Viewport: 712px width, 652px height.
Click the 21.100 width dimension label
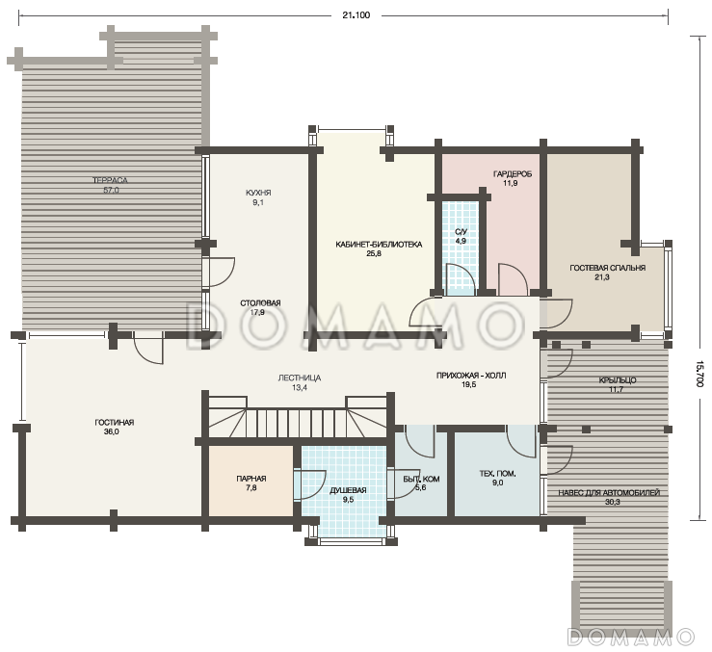pos(356,15)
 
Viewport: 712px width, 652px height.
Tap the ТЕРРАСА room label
pos(111,180)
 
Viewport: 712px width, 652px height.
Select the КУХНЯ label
pos(258,193)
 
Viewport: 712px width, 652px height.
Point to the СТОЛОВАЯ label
pos(260,302)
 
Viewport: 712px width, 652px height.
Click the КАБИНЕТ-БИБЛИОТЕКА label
pos(379,245)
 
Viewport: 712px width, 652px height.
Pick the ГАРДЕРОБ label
pos(513,174)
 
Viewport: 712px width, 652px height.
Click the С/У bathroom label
pos(461,232)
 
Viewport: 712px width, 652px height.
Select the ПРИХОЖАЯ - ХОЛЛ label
pos(471,376)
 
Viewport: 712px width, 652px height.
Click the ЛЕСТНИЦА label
pos(300,378)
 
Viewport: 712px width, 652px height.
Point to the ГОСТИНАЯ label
pos(115,422)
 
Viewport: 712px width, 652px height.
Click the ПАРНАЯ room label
pos(251,479)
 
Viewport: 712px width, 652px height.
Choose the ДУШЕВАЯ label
pos(348,490)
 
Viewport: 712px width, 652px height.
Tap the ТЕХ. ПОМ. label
pos(498,474)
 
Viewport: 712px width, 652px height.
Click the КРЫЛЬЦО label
pos(617,380)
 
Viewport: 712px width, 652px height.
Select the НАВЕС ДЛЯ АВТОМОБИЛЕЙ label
pos(609,493)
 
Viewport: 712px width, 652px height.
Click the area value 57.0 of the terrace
pos(111,191)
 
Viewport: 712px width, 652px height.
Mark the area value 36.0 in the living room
pos(111,431)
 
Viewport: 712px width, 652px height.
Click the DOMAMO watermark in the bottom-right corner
pos(631,637)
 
